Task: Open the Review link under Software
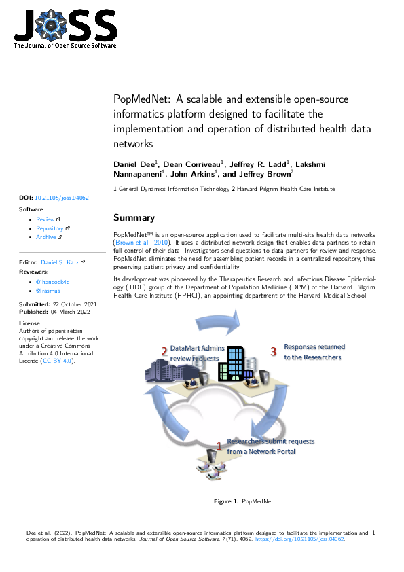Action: [45, 219]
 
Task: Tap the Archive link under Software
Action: [46, 237]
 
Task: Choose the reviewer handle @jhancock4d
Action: [53, 281]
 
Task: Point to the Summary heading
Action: [134, 218]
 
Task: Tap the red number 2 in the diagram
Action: [164, 351]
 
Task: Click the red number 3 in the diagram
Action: [273, 351]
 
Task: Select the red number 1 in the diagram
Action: [219, 445]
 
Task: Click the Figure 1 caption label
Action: [226, 501]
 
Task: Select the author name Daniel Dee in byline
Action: [134, 164]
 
